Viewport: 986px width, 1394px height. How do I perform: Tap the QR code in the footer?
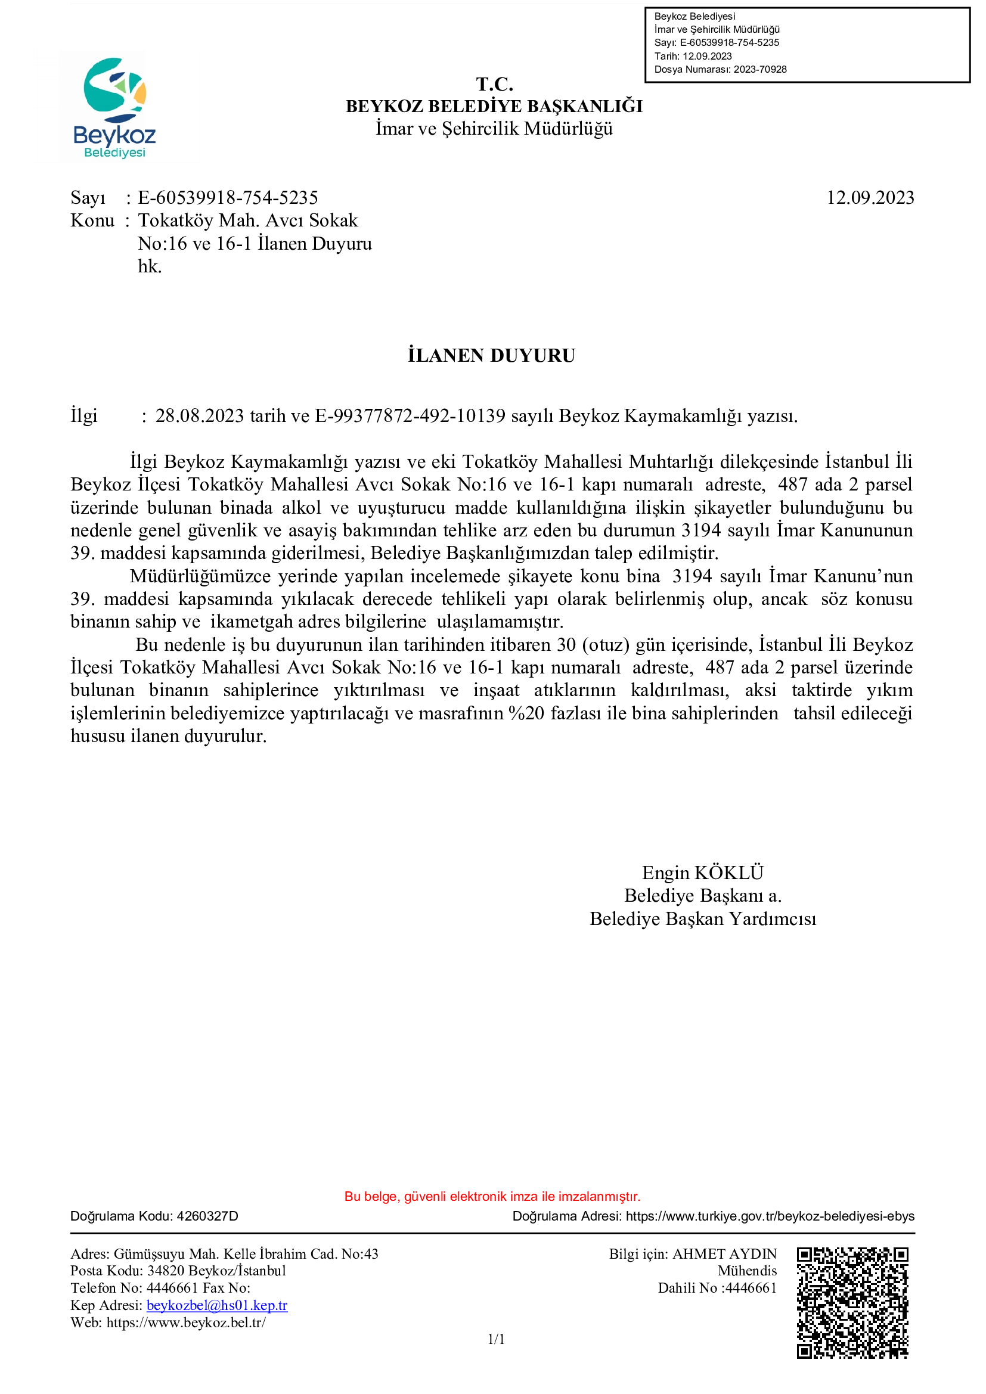tap(852, 1302)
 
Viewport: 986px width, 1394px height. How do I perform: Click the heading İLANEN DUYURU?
tap(491, 356)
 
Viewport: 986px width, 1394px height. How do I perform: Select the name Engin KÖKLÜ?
tap(702, 873)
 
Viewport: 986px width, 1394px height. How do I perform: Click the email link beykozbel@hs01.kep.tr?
tap(217, 1305)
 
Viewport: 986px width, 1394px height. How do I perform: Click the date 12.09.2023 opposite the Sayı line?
tap(869, 198)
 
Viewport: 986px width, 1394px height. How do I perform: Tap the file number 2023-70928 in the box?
tap(759, 69)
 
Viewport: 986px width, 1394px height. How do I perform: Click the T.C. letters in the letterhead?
tap(494, 84)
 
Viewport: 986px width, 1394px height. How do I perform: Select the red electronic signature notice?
tap(492, 1196)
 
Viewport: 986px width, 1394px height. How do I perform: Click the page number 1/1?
tap(496, 1339)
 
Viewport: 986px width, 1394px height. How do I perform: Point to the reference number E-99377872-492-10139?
tap(410, 416)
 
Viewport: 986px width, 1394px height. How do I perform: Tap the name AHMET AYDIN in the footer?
tap(724, 1254)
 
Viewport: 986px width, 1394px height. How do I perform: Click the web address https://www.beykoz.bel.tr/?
tap(186, 1322)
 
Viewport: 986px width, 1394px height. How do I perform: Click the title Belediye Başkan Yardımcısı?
tap(702, 918)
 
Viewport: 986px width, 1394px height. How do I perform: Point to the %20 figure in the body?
tap(526, 713)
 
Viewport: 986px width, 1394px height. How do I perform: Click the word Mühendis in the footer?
tap(747, 1271)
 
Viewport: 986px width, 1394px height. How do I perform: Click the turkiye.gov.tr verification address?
tap(770, 1216)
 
